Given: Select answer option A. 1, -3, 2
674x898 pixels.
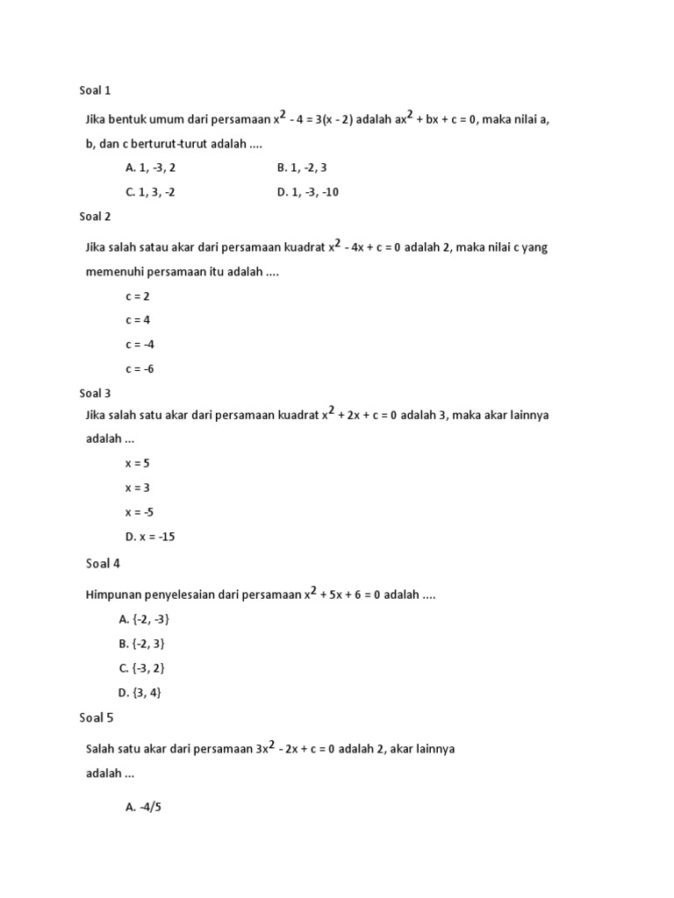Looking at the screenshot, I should point(156,167).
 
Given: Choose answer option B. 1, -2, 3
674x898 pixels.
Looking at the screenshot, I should point(302,167).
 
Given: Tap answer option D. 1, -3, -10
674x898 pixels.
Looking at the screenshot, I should point(307,192).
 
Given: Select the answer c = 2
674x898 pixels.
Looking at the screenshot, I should point(138,296).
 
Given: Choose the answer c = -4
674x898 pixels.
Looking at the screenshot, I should point(140,345).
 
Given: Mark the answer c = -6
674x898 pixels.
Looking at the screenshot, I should point(140,369).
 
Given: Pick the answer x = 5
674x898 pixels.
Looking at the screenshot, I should point(138,463).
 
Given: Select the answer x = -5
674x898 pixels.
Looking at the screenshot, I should point(140,512).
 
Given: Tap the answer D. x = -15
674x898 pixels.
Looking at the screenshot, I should point(150,537).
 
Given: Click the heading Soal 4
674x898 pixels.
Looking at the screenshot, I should point(103,563).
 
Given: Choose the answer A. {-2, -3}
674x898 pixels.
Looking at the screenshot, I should point(144,619).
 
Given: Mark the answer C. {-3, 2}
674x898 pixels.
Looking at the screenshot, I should point(141,668).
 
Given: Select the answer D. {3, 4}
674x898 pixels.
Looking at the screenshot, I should point(140,693).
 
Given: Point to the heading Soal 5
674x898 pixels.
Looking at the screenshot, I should point(97,717).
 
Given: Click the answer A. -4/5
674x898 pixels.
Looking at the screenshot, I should point(144,807).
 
